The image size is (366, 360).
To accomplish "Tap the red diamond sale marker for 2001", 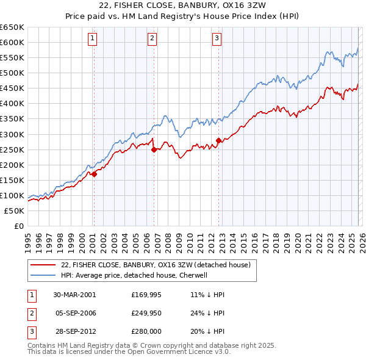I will (94, 174).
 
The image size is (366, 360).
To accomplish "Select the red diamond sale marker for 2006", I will (154, 149).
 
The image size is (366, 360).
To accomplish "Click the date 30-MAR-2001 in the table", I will (74, 295).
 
